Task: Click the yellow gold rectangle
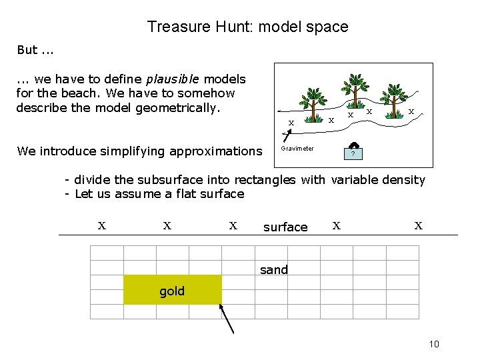pyautogui.click(x=172, y=289)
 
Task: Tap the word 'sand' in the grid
pyautogui.click(x=274, y=270)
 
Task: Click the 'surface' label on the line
pyautogui.click(x=285, y=227)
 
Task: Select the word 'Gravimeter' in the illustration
pyautogui.click(x=297, y=149)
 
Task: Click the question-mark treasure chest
pyautogui.click(x=353, y=151)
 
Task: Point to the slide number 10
pyautogui.click(x=434, y=344)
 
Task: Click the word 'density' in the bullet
pyautogui.click(x=402, y=180)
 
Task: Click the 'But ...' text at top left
pyautogui.click(x=36, y=50)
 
